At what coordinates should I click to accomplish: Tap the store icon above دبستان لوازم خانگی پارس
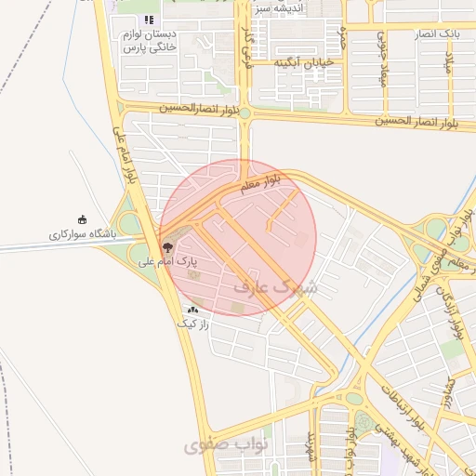click(x=148, y=20)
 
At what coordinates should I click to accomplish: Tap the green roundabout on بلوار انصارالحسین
click(x=245, y=112)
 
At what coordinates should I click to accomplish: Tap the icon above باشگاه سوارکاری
click(x=83, y=219)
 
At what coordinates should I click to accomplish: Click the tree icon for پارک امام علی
click(x=167, y=247)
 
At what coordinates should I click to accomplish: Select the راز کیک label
click(x=193, y=324)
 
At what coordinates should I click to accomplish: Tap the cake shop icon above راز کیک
click(x=192, y=310)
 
